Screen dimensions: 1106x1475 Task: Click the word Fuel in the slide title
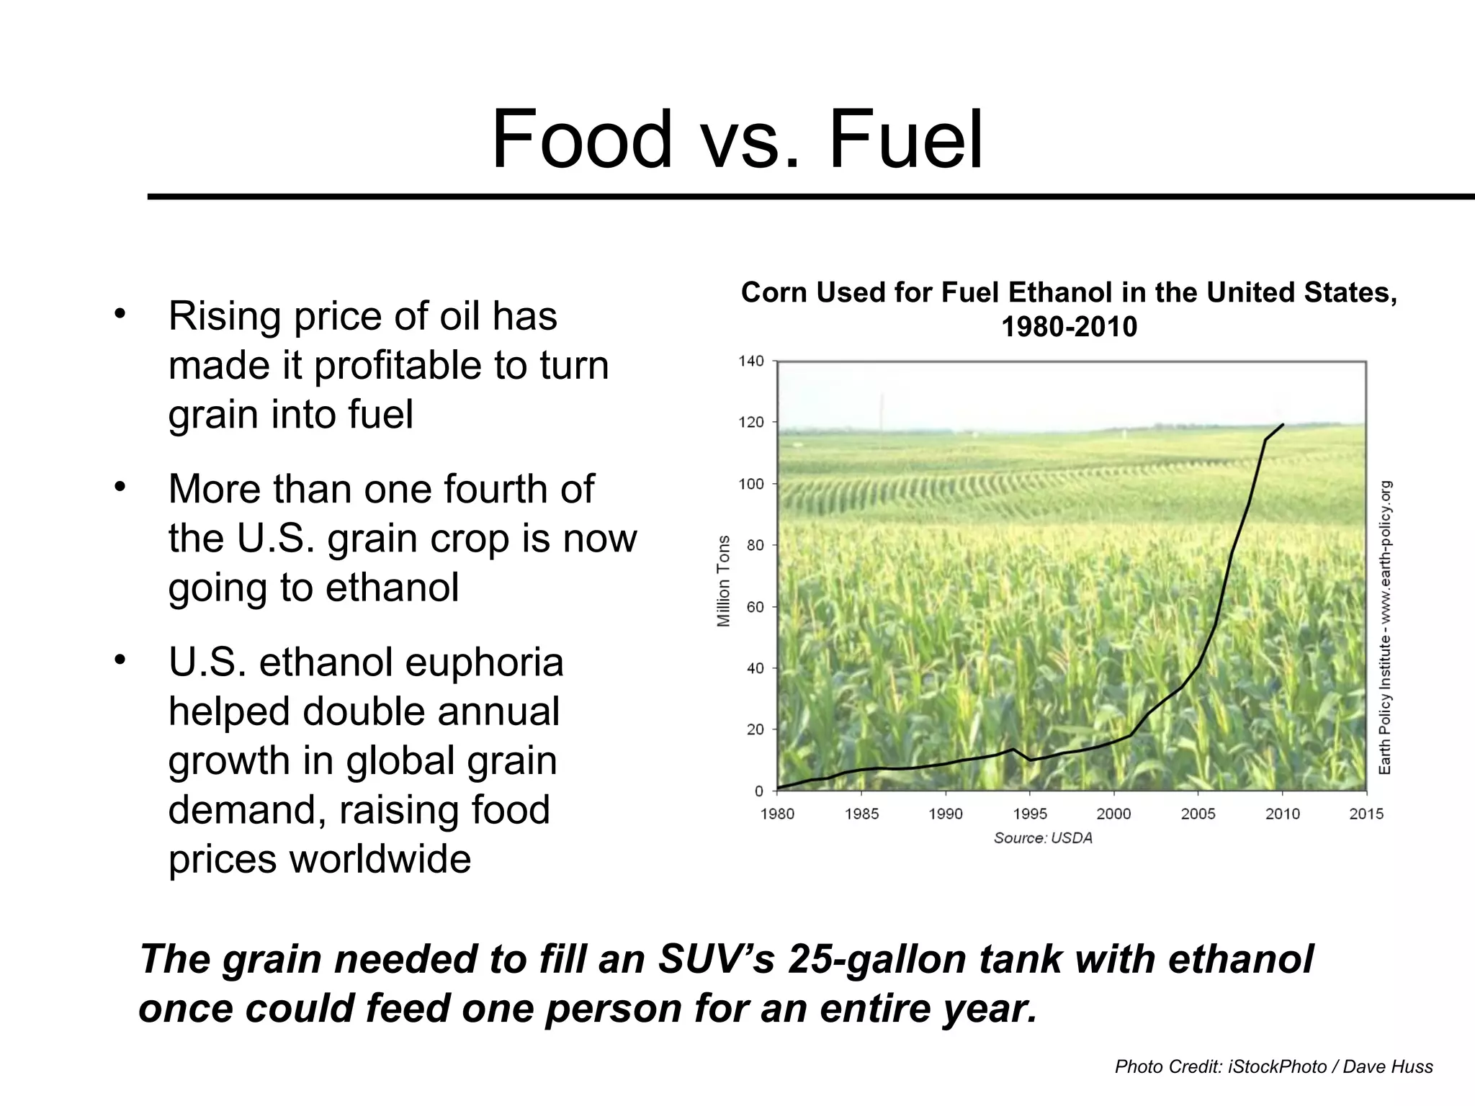(906, 138)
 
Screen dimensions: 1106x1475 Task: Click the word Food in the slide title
(581, 138)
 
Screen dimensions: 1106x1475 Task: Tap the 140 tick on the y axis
(751, 361)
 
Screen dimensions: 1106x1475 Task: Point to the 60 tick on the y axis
(755, 607)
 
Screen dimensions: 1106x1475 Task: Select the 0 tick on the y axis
(758, 791)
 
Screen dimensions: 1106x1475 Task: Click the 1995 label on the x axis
(1030, 814)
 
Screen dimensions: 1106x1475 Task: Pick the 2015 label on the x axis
(1366, 814)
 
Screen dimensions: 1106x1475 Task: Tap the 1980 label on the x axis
(777, 814)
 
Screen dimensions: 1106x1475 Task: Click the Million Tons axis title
(724, 581)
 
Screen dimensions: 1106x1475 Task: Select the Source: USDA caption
(1043, 838)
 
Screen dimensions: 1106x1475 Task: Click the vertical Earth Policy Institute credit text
(1385, 626)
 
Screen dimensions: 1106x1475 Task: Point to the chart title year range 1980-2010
(1069, 327)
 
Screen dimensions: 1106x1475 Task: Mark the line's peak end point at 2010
(1283, 425)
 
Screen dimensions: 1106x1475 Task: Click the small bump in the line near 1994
(1013, 750)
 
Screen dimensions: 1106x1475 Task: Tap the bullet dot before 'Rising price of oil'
(120, 315)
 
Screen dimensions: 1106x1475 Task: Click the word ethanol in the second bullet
(392, 588)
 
